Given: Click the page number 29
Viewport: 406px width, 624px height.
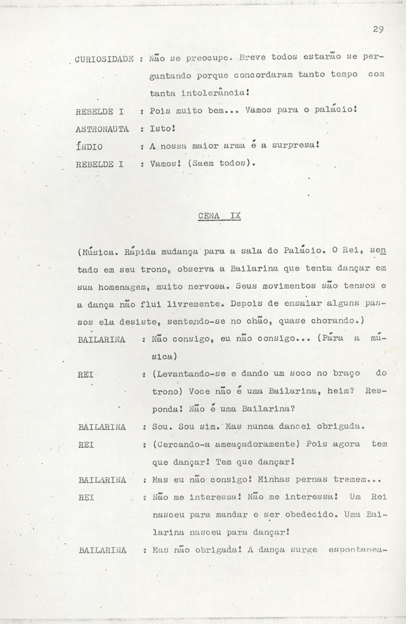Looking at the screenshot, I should (x=378, y=29).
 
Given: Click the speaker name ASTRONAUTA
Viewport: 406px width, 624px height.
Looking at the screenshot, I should (x=102, y=129).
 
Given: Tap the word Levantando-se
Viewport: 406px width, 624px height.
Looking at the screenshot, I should (x=193, y=374).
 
